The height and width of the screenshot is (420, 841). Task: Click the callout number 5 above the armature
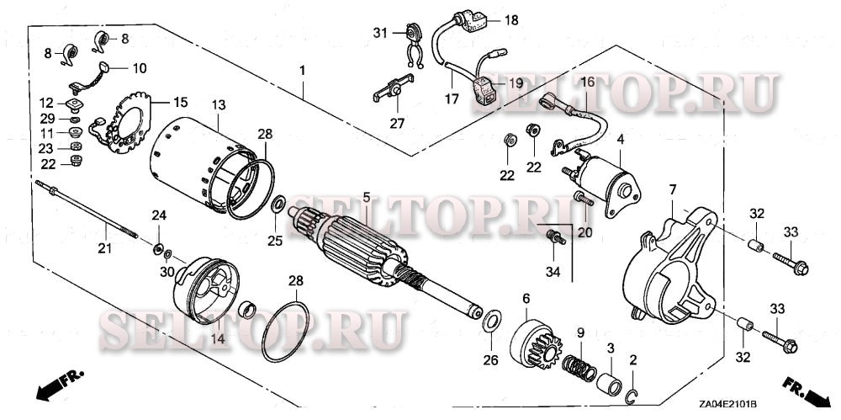[x=367, y=197]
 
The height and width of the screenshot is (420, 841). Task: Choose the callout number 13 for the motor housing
[x=219, y=104]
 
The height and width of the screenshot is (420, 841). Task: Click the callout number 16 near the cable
[x=586, y=82]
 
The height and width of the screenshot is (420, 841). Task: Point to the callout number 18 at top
[x=511, y=19]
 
